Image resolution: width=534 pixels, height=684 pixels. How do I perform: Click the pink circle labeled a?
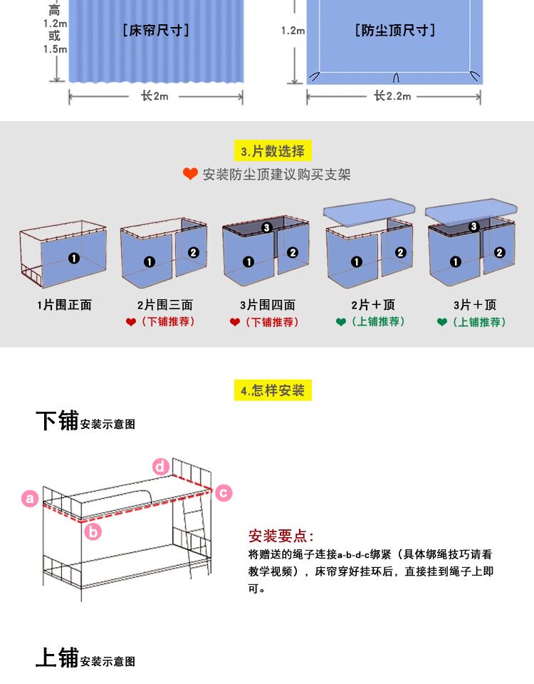pyautogui.click(x=30, y=499)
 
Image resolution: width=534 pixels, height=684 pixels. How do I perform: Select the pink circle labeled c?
pyautogui.click(x=224, y=492)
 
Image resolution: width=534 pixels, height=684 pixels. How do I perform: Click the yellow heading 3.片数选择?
pyautogui.click(x=273, y=151)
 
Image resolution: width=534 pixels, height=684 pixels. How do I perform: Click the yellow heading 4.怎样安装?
pyautogui.click(x=273, y=390)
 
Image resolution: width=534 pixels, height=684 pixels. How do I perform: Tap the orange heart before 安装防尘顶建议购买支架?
pyautogui.click(x=190, y=174)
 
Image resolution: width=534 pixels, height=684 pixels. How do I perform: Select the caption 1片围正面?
pyautogui.click(x=64, y=305)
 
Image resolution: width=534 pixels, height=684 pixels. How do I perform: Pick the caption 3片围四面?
pyautogui.click(x=268, y=305)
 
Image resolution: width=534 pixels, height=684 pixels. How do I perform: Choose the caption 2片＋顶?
pyautogui.click(x=372, y=305)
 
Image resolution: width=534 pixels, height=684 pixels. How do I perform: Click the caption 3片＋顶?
pyautogui.click(x=475, y=305)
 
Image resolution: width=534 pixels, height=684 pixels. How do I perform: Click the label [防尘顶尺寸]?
pyautogui.click(x=394, y=30)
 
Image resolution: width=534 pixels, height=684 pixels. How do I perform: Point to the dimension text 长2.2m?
pyautogui.click(x=392, y=96)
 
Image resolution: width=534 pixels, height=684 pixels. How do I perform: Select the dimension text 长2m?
pyautogui.click(x=155, y=96)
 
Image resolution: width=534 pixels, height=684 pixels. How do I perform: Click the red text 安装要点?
pyautogui.click(x=281, y=536)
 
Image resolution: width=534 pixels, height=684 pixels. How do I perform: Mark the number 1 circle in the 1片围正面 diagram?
pyautogui.click(x=74, y=259)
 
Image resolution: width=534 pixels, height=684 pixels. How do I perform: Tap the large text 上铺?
pyautogui.click(x=57, y=658)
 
